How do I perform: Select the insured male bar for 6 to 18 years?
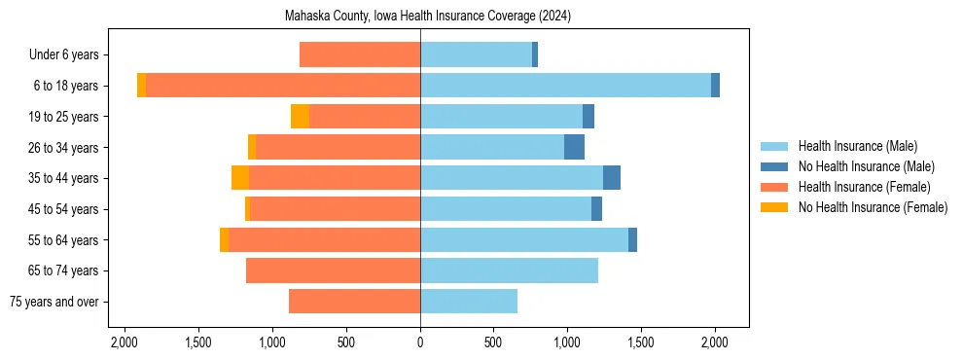pyautogui.click(x=565, y=86)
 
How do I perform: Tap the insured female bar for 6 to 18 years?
pyautogui.click(x=282, y=86)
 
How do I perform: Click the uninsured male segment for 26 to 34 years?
pyautogui.click(x=574, y=147)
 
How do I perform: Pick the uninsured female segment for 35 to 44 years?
pyautogui.click(x=240, y=178)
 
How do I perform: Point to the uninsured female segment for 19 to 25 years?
pyautogui.click(x=300, y=117)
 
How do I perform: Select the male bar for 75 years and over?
pyautogui.click(x=469, y=302)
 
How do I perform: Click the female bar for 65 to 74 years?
pyautogui.click(x=333, y=270)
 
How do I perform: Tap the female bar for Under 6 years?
pyautogui.click(x=360, y=54)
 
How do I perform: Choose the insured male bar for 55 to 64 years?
pyautogui.click(x=524, y=239)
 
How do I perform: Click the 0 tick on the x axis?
pyautogui.click(x=420, y=342)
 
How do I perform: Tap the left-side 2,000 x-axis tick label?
pyautogui.click(x=125, y=342)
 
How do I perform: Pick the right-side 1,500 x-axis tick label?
pyautogui.click(x=641, y=342)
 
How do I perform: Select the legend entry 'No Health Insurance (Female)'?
pyautogui.click(x=873, y=207)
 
